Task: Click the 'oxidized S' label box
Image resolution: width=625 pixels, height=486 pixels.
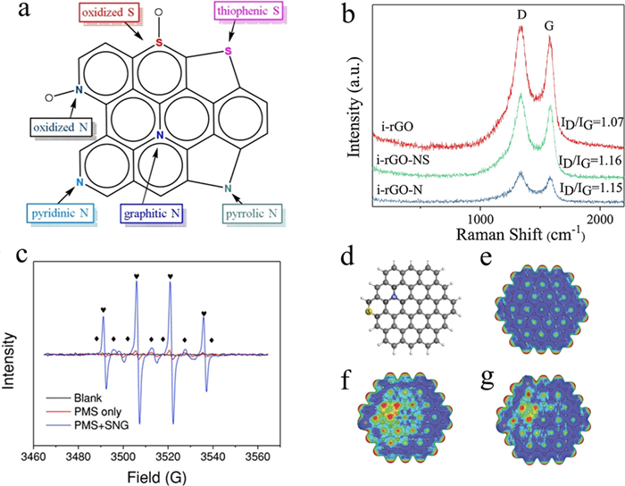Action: (x=108, y=13)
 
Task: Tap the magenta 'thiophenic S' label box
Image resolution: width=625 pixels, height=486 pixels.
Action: (x=248, y=11)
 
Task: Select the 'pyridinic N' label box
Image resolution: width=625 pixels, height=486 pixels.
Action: (x=60, y=214)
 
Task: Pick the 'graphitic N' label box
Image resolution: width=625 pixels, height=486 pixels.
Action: (x=152, y=214)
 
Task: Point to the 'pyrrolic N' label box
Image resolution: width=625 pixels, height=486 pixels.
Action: (x=252, y=214)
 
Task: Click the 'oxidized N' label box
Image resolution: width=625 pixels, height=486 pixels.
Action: (x=60, y=128)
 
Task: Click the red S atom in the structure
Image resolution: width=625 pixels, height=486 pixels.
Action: (x=159, y=43)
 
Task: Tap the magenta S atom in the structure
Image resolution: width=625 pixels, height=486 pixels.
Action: (x=229, y=51)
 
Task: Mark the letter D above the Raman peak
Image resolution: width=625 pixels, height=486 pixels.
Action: (x=521, y=15)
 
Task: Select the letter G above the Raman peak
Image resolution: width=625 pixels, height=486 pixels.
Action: (x=550, y=26)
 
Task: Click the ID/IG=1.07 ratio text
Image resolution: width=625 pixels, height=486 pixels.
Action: (x=592, y=122)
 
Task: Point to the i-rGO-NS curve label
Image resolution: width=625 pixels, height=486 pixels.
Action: (x=403, y=160)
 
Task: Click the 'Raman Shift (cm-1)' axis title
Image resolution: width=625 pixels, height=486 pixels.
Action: (x=521, y=234)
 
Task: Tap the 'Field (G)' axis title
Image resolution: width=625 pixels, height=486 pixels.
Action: (x=156, y=477)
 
